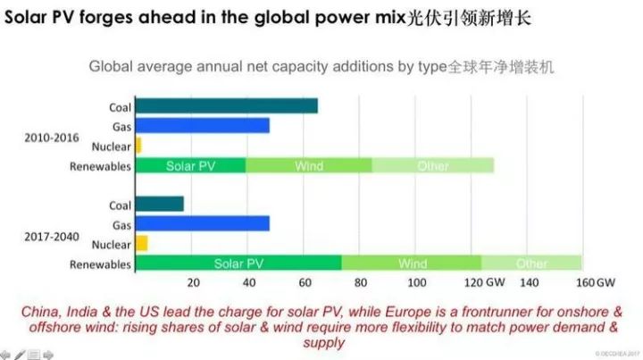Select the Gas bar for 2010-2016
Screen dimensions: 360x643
[202, 126]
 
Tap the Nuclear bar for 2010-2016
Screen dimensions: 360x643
[138, 145]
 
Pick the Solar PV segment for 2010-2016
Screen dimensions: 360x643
[190, 165]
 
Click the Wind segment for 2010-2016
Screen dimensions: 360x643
[308, 165]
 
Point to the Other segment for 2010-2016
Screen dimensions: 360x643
[432, 165]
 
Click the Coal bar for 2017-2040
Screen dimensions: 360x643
[159, 204]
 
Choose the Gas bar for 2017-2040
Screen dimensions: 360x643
[202, 223]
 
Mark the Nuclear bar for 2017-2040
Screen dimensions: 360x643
[141, 243]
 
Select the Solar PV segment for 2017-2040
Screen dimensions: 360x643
[238, 264]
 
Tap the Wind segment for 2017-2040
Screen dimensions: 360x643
[412, 264]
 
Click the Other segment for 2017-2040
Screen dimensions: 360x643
[531, 264]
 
